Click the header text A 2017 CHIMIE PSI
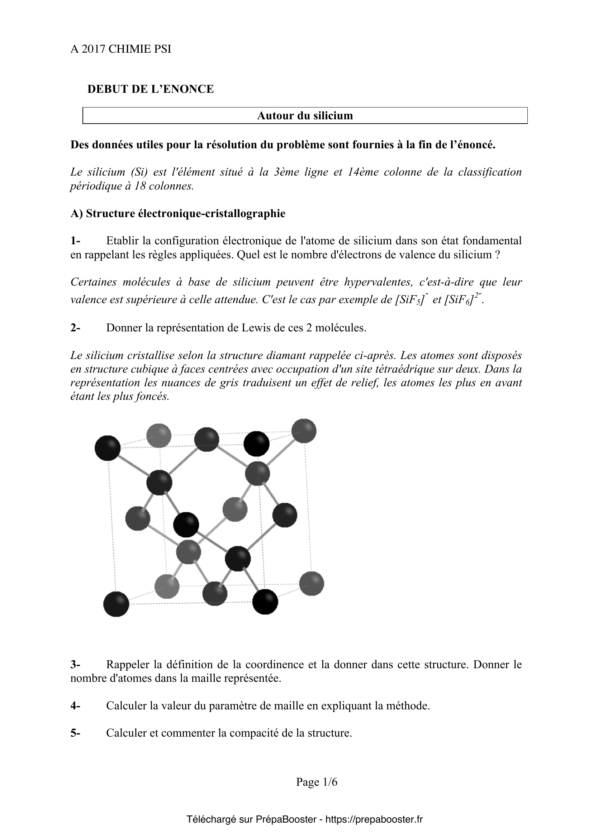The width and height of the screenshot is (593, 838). pyautogui.click(x=120, y=49)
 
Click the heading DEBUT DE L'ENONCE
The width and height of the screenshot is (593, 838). pyautogui.click(x=151, y=89)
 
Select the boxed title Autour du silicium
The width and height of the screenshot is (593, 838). pyautogui.click(x=305, y=116)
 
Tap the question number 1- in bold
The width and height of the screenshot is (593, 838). pyautogui.click(x=75, y=240)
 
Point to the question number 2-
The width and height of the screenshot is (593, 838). pyautogui.click(x=75, y=328)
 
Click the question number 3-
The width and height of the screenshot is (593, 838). pyautogui.click(x=75, y=664)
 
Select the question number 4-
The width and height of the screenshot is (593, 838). pyautogui.click(x=75, y=706)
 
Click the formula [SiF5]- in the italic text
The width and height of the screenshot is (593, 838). pyautogui.click(x=411, y=300)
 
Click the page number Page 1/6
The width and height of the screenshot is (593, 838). pyautogui.click(x=317, y=782)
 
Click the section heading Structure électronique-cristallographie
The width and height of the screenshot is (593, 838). pyautogui.click(x=185, y=214)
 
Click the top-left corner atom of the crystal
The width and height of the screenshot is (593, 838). pyautogui.click(x=108, y=448)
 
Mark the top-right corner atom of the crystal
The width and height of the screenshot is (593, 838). pyautogui.click(x=304, y=431)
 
